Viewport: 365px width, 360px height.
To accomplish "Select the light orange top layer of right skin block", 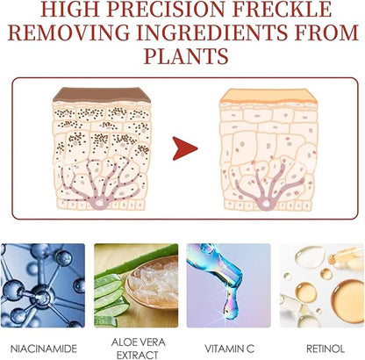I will click(268, 96).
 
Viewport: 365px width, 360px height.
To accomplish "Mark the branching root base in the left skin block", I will click(98, 201).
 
